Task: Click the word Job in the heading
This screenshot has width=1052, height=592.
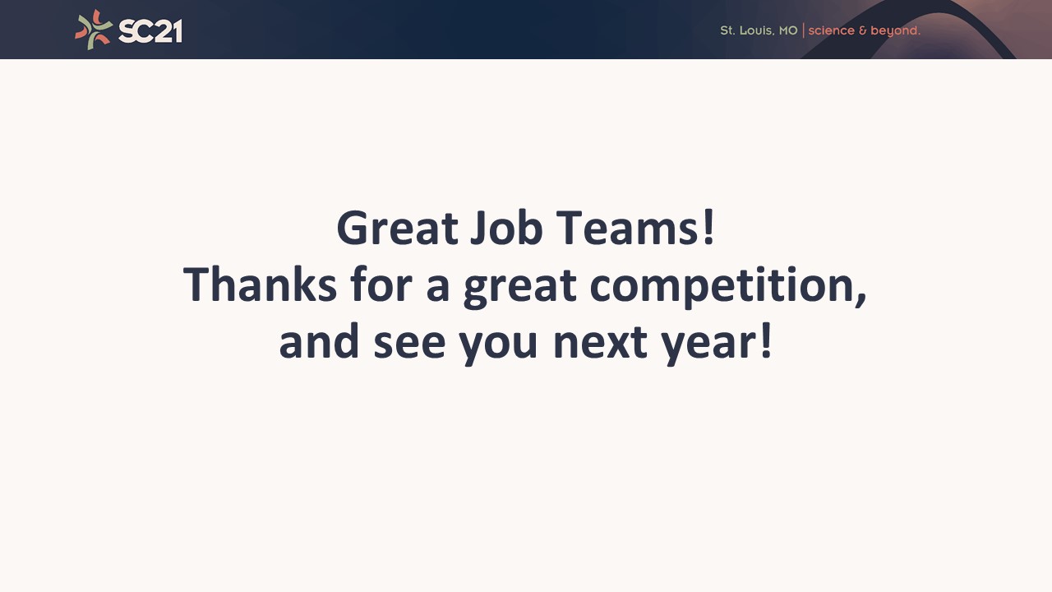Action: (506, 229)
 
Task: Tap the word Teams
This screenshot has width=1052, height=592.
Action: (627, 228)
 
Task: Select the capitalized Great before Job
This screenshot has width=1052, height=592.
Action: (397, 228)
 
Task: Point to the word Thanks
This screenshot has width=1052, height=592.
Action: (260, 284)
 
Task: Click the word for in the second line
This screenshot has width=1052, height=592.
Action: (381, 284)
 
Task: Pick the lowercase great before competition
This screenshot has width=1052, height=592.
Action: (520, 288)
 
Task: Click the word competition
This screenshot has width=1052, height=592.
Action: (723, 287)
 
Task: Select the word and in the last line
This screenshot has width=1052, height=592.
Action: (320, 340)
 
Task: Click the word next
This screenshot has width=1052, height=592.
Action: (601, 343)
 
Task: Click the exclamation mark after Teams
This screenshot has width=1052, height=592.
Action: (708, 228)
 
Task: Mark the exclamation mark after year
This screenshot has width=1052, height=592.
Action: (766, 340)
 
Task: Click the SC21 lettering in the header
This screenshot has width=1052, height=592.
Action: (150, 31)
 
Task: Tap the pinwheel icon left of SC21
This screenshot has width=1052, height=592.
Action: (94, 30)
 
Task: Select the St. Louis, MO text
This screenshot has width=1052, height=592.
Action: (759, 30)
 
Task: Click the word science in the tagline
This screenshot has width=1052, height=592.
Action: (831, 30)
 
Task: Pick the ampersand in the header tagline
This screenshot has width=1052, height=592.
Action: (862, 30)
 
